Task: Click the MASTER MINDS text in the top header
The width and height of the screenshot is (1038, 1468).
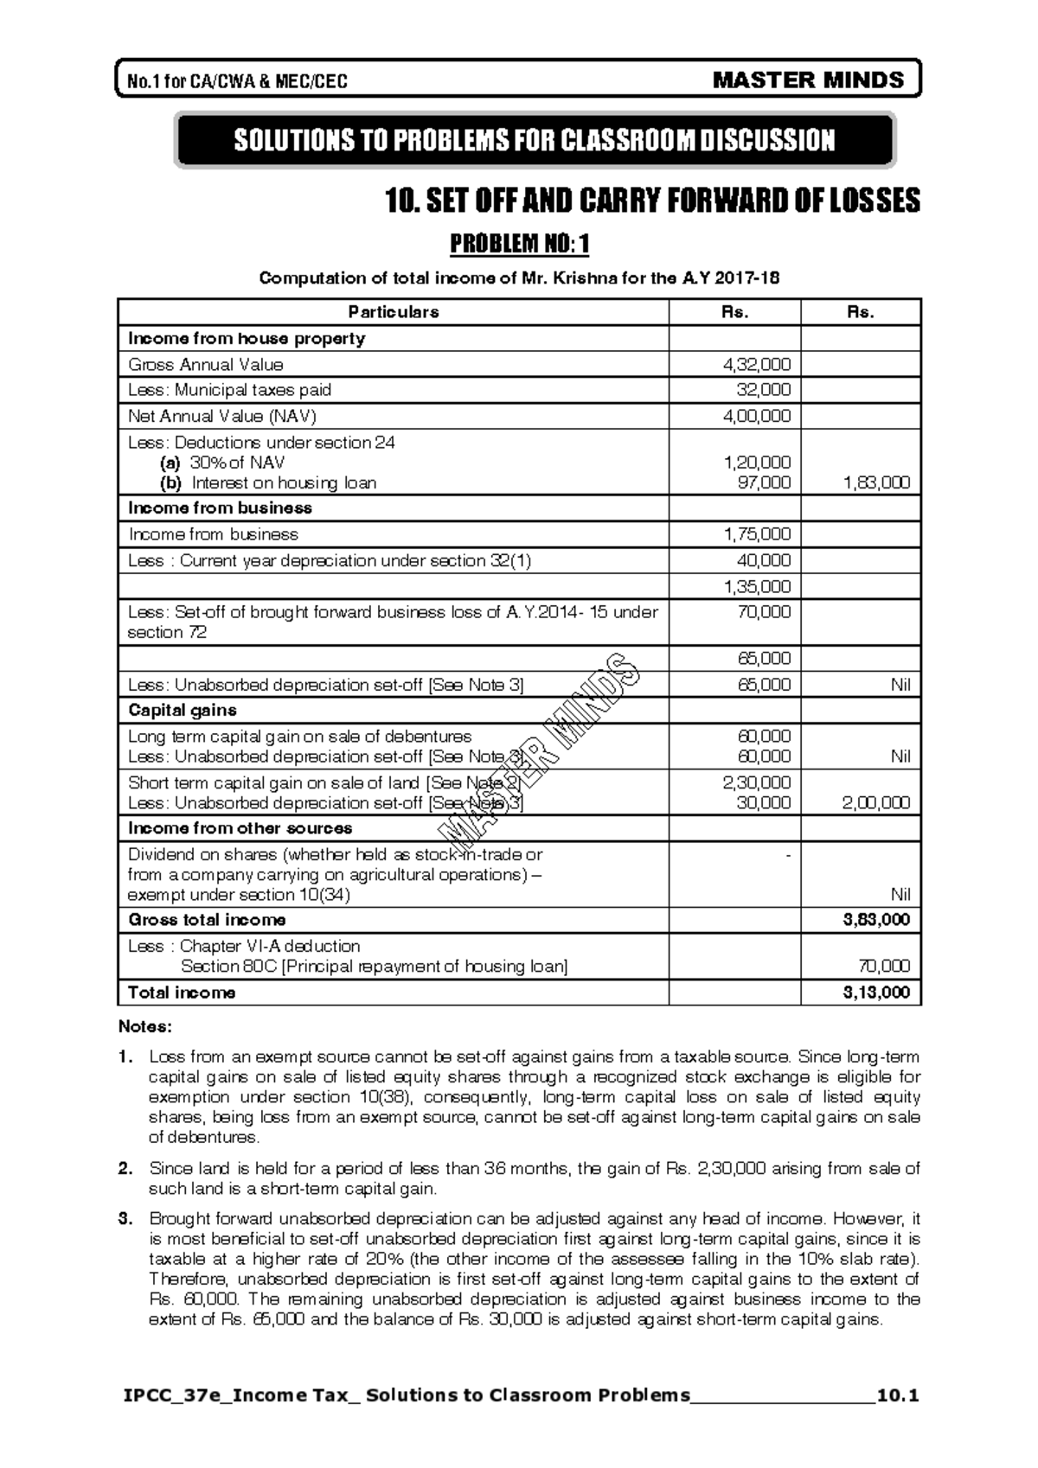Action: point(808,80)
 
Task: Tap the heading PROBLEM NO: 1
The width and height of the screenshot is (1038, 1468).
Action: point(519,245)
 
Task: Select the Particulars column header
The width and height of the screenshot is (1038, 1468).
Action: point(393,312)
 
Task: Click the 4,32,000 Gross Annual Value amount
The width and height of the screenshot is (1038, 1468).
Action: point(757,365)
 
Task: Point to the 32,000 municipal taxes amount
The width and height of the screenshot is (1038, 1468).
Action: point(763,390)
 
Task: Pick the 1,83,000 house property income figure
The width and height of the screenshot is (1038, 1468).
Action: point(876,482)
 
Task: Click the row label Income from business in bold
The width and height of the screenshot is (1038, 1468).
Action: point(220,507)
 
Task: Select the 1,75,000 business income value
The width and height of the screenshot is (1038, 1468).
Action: point(757,534)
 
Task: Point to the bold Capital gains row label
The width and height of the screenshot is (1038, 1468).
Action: point(182,710)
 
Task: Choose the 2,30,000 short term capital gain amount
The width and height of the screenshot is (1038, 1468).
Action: point(757,782)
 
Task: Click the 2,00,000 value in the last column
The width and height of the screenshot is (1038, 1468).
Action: point(876,802)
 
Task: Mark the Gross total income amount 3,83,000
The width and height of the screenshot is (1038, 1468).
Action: point(876,920)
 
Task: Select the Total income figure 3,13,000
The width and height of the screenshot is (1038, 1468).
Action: point(876,992)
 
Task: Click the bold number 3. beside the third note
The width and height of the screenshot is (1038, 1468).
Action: point(126,1219)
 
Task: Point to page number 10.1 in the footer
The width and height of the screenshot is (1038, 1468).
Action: point(897,1395)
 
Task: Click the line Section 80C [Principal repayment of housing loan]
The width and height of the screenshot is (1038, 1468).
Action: point(374,967)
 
